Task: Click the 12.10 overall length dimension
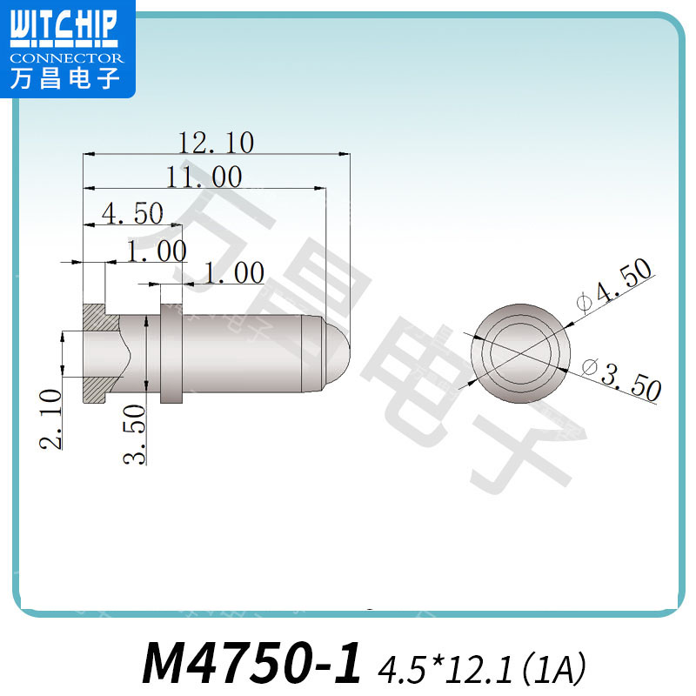pyautogui.click(x=215, y=142)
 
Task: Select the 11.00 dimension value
pyautogui.click(x=204, y=177)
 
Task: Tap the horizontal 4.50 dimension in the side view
pyautogui.click(x=132, y=212)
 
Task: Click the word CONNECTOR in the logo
pyautogui.click(x=67, y=58)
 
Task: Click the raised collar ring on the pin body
pyautogui.click(x=172, y=353)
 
